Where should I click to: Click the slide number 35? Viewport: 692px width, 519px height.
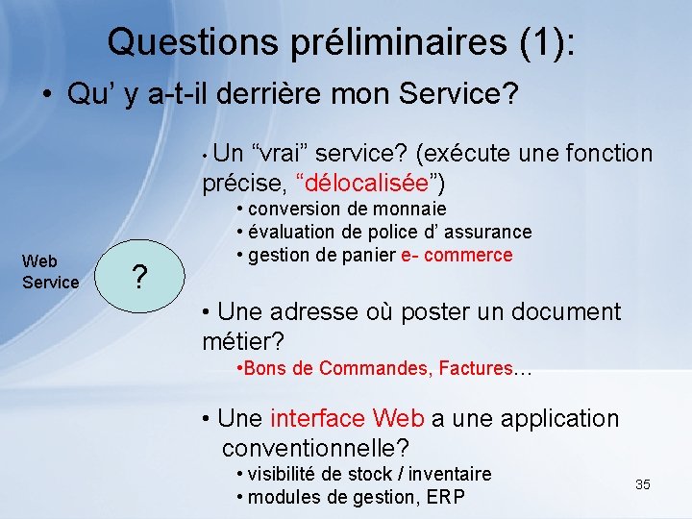pyautogui.click(x=643, y=484)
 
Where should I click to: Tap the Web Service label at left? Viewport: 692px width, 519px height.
pyautogui.click(x=50, y=271)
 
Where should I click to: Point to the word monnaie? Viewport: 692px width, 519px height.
pyautogui.click(x=414, y=209)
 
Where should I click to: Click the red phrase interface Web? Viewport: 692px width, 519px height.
pyautogui.click(x=347, y=418)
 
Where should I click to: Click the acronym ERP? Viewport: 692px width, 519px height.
pyautogui.click(x=446, y=496)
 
